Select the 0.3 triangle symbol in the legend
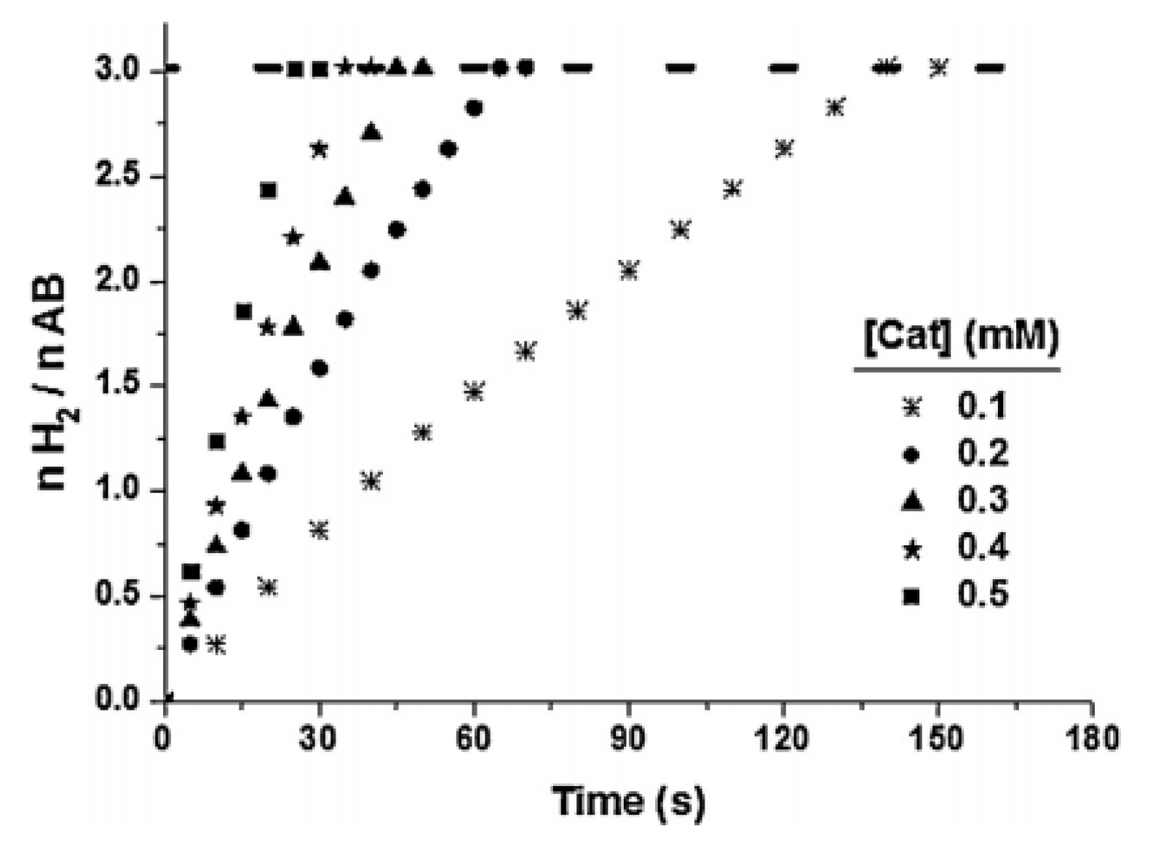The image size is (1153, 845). [x=911, y=501]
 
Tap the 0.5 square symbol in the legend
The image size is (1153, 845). [x=911, y=597]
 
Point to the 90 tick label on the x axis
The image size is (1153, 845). [x=627, y=738]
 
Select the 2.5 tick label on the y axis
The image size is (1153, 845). [x=119, y=177]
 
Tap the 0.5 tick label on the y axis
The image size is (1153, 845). [x=119, y=595]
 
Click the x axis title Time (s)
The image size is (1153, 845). [x=629, y=801]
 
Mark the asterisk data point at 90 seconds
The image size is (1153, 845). [x=629, y=271]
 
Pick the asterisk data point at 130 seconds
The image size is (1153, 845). [x=835, y=108]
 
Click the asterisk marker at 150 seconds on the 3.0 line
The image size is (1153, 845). [x=939, y=68]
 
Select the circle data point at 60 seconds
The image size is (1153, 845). [x=474, y=108]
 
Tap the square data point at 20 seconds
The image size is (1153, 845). [x=268, y=191]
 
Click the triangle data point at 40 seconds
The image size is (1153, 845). [x=371, y=132]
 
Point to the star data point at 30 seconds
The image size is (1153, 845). [x=319, y=149]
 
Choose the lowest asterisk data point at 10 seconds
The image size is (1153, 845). [x=216, y=645]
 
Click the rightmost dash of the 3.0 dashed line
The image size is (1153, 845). [x=990, y=68]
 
